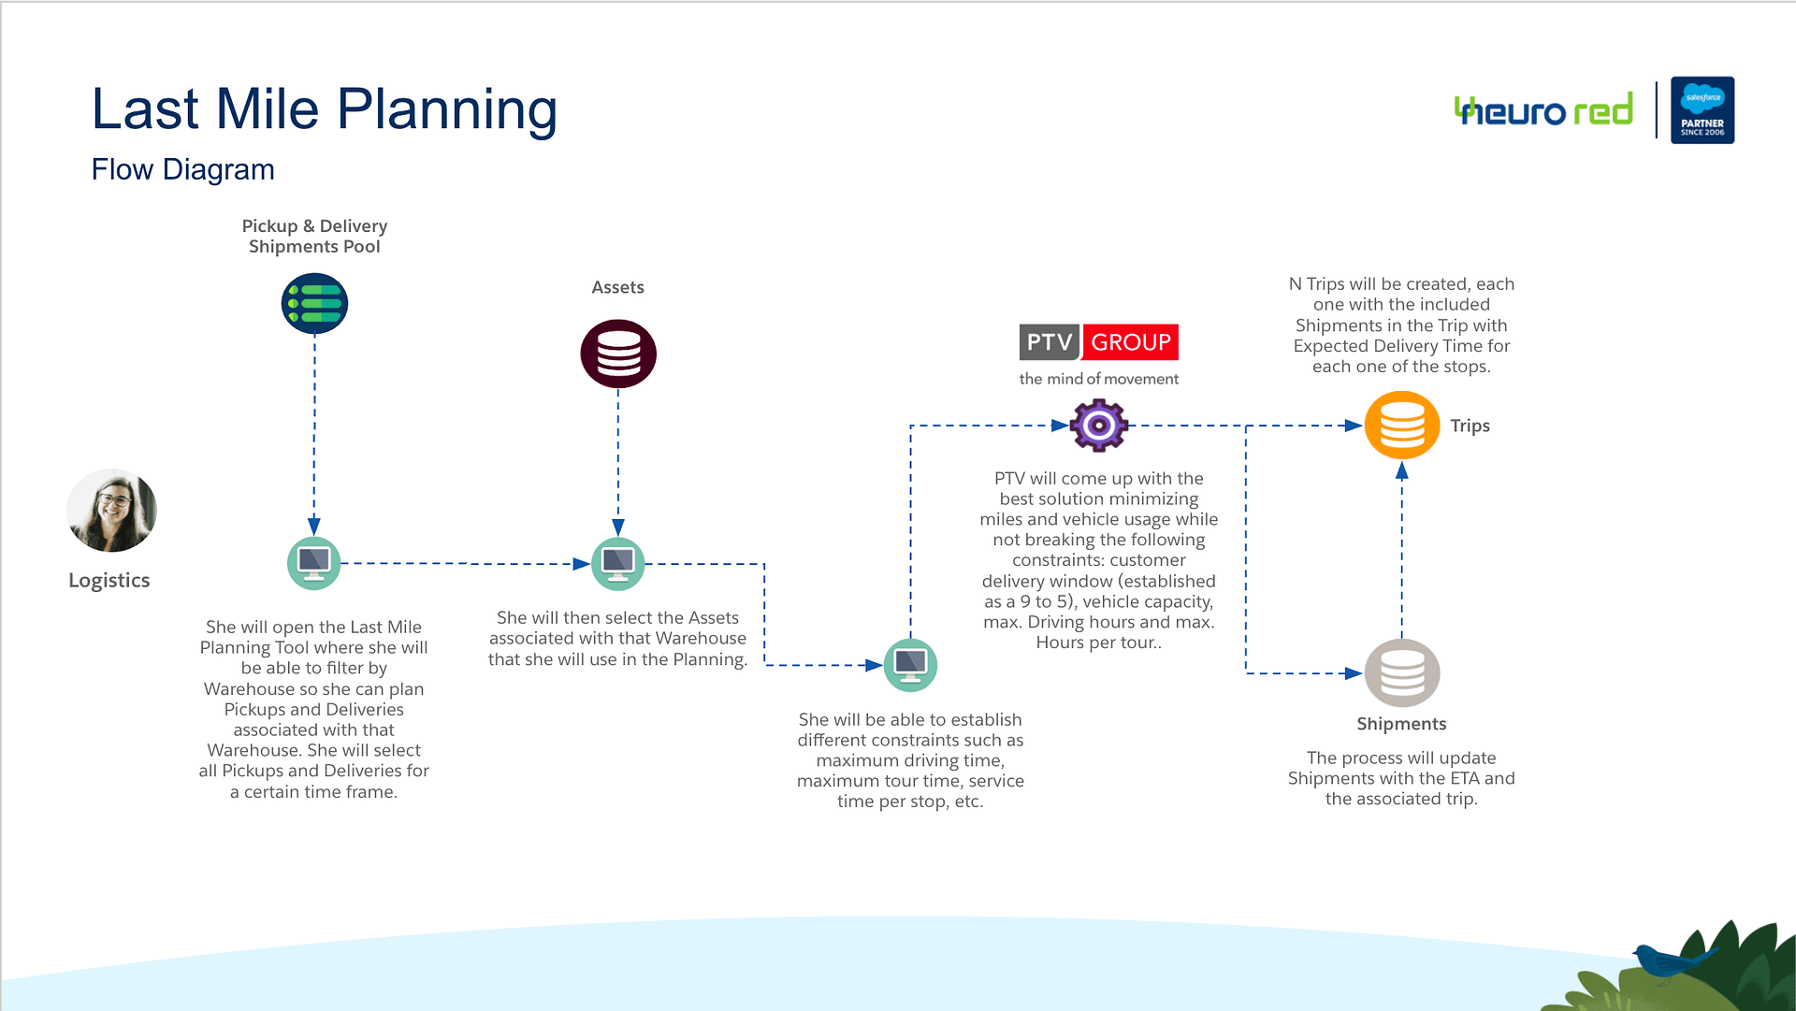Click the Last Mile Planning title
point(325,109)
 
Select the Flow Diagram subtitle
point(183,169)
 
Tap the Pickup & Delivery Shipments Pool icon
point(314,304)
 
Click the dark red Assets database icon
point(618,354)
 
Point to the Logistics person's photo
point(111,511)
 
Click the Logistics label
point(109,580)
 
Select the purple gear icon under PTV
point(1099,426)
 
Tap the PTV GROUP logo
point(1099,342)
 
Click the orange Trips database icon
point(1402,426)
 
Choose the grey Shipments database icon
point(1402,673)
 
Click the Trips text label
point(1470,426)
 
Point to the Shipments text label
point(1401,724)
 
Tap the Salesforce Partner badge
point(1702,110)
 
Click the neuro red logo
point(1544,110)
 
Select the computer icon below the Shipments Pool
point(314,564)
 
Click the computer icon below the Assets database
point(618,564)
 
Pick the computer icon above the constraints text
point(911,665)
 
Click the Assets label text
point(618,287)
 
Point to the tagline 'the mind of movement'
point(1099,379)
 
